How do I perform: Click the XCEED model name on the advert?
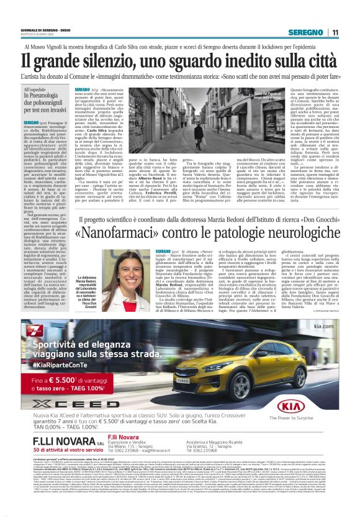coord(62,401)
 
